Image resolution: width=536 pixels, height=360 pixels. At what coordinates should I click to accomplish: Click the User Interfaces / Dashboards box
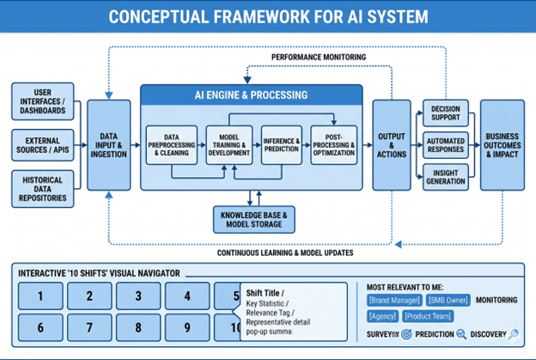(42, 101)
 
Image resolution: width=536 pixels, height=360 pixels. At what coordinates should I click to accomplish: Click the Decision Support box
(445, 113)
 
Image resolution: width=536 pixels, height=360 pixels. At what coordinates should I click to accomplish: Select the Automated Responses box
(445, 144)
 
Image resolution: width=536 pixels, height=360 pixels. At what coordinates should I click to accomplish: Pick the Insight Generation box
(445, 176)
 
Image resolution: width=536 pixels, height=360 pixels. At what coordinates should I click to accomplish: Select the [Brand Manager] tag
(393, 300)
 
